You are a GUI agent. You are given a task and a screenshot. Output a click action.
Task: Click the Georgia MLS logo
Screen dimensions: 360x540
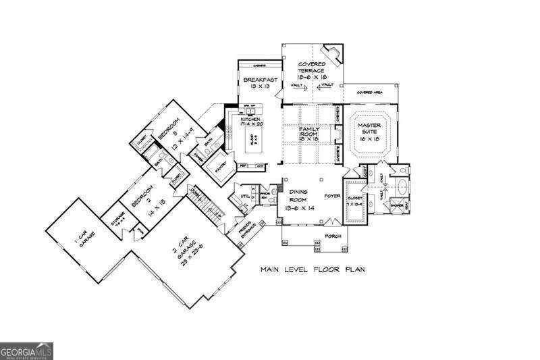click(x=26, y=351)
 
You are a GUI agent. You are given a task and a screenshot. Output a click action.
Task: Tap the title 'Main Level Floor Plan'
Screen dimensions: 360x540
click(x=313, y=269)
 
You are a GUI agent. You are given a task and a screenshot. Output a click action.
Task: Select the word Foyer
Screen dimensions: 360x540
click(x=331, y=197)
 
